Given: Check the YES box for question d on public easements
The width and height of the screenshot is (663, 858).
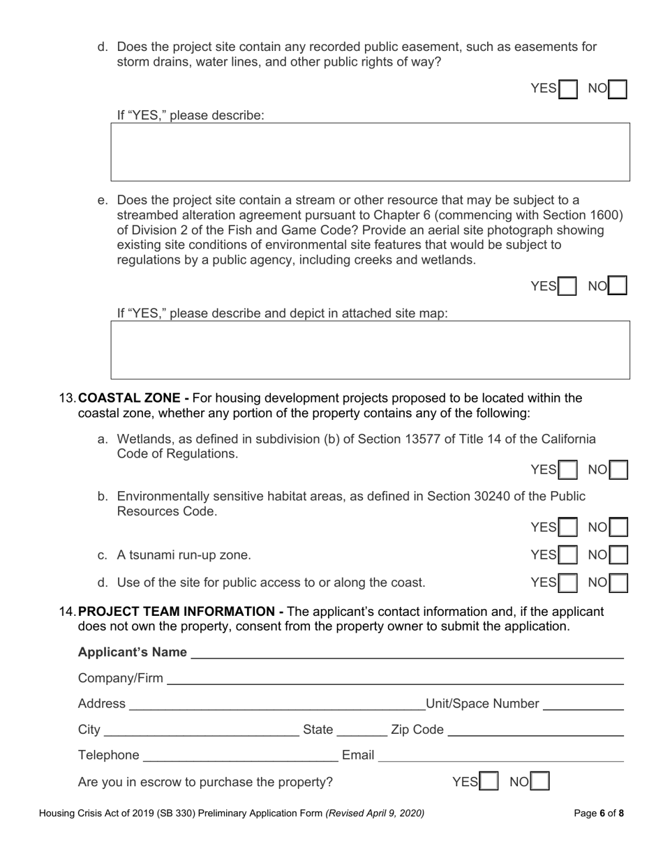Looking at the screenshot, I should (569, 89).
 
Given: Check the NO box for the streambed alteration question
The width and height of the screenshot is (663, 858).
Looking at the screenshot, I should (618, 286).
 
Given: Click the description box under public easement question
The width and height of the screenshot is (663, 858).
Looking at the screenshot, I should (370, 152).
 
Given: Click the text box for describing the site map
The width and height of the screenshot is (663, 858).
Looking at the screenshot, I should (370, 349).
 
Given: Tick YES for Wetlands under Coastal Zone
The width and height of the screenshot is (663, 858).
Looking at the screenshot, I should (569, 470).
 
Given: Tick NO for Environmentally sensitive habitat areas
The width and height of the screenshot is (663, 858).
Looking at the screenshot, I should (618, 527).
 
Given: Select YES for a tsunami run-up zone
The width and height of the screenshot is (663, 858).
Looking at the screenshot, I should (569, 555).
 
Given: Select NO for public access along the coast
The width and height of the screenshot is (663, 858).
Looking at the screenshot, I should (618, 582).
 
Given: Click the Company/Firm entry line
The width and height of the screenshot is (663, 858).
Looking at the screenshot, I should (394, 679).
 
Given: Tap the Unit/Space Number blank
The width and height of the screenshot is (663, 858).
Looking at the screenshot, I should (583, 704).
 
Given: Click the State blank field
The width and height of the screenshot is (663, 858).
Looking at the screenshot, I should (362, 730).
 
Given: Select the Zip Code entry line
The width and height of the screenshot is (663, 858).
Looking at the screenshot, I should (535, 730).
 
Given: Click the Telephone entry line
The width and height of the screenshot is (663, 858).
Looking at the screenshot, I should (240, 755).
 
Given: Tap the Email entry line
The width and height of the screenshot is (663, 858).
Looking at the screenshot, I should (501, 755).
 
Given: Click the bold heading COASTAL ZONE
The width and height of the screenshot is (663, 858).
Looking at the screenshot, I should (133, 398).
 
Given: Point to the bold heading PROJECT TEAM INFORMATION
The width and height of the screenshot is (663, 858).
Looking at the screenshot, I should (180, 612).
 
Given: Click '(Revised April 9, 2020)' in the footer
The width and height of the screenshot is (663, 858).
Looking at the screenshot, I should (375, 813).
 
